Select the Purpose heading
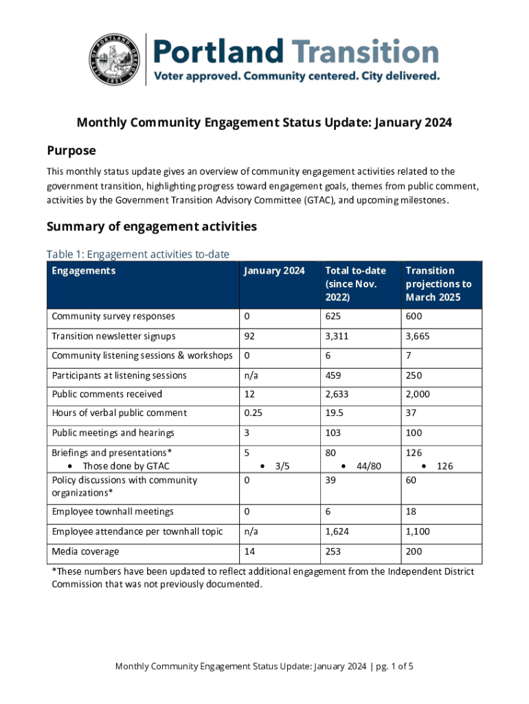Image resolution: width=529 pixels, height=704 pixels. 71,151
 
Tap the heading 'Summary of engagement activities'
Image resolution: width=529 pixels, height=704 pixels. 151,226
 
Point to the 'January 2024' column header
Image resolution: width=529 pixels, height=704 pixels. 274,271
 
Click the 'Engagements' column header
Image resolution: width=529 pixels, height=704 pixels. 84,271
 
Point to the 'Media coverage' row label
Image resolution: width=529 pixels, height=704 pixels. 85,551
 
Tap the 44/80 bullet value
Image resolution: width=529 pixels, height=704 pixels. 368,466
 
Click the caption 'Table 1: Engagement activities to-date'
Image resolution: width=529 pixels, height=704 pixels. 137,254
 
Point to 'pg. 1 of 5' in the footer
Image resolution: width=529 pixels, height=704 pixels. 394,666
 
